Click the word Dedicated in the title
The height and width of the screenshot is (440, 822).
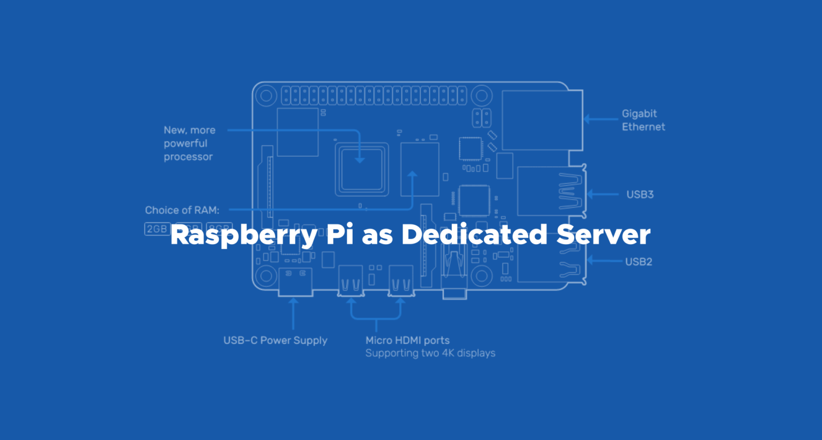[474, 234]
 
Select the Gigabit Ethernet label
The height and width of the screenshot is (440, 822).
[643, 120]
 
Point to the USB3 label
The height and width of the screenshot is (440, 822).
[640, 194]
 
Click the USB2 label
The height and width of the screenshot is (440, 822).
[638, 262]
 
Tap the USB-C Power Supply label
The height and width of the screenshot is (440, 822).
[275, 340]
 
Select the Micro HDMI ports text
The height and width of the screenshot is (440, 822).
[407, 340]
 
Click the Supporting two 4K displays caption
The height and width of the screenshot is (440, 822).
[430, 353]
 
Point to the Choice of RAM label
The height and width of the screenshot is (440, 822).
[182, 210]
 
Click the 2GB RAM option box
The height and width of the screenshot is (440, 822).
[157, 229]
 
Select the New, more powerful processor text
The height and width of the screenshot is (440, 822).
[189, 143]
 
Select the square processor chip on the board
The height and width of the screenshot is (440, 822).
[362, 169]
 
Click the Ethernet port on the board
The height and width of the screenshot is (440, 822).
[542, 120]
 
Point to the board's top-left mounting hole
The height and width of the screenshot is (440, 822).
[266, 96]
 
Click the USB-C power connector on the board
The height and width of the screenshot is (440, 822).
[295, 282]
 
